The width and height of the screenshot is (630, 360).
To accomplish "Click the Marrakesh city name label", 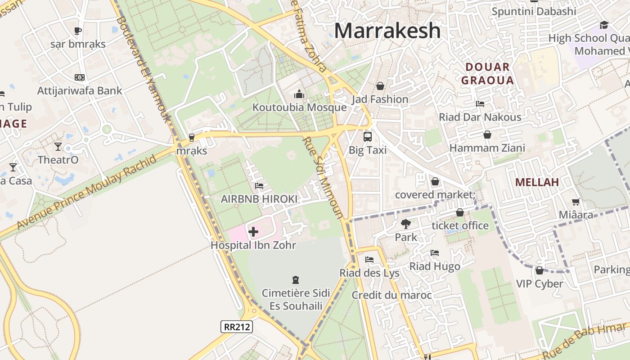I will (387, 31).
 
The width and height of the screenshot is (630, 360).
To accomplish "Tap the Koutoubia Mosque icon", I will (299, 94).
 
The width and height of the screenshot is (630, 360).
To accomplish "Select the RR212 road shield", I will (237, 327).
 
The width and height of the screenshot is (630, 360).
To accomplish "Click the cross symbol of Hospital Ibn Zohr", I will (253, 232).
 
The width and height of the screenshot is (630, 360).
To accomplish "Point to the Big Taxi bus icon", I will (368, 136).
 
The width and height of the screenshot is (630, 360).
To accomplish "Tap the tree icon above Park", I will (406, 224).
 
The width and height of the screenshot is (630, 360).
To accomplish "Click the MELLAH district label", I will (537, 182).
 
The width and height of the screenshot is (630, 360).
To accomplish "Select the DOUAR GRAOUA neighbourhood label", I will (489, 74).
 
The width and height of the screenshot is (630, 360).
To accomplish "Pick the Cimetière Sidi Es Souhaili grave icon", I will (296, 280).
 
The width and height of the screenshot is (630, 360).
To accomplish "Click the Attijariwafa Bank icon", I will (80, 77).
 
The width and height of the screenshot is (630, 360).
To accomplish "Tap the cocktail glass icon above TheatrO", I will (58, 146).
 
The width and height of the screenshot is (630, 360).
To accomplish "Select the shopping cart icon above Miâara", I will (576, 202).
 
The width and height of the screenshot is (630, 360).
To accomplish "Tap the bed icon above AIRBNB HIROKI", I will (259, 185).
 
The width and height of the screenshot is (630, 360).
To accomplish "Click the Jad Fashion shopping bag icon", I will (380, 86).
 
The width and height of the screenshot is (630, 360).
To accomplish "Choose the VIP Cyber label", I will (539, 283).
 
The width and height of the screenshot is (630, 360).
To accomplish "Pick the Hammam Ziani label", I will (487, 148).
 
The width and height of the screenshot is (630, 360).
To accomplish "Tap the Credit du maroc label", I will (391, 295).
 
